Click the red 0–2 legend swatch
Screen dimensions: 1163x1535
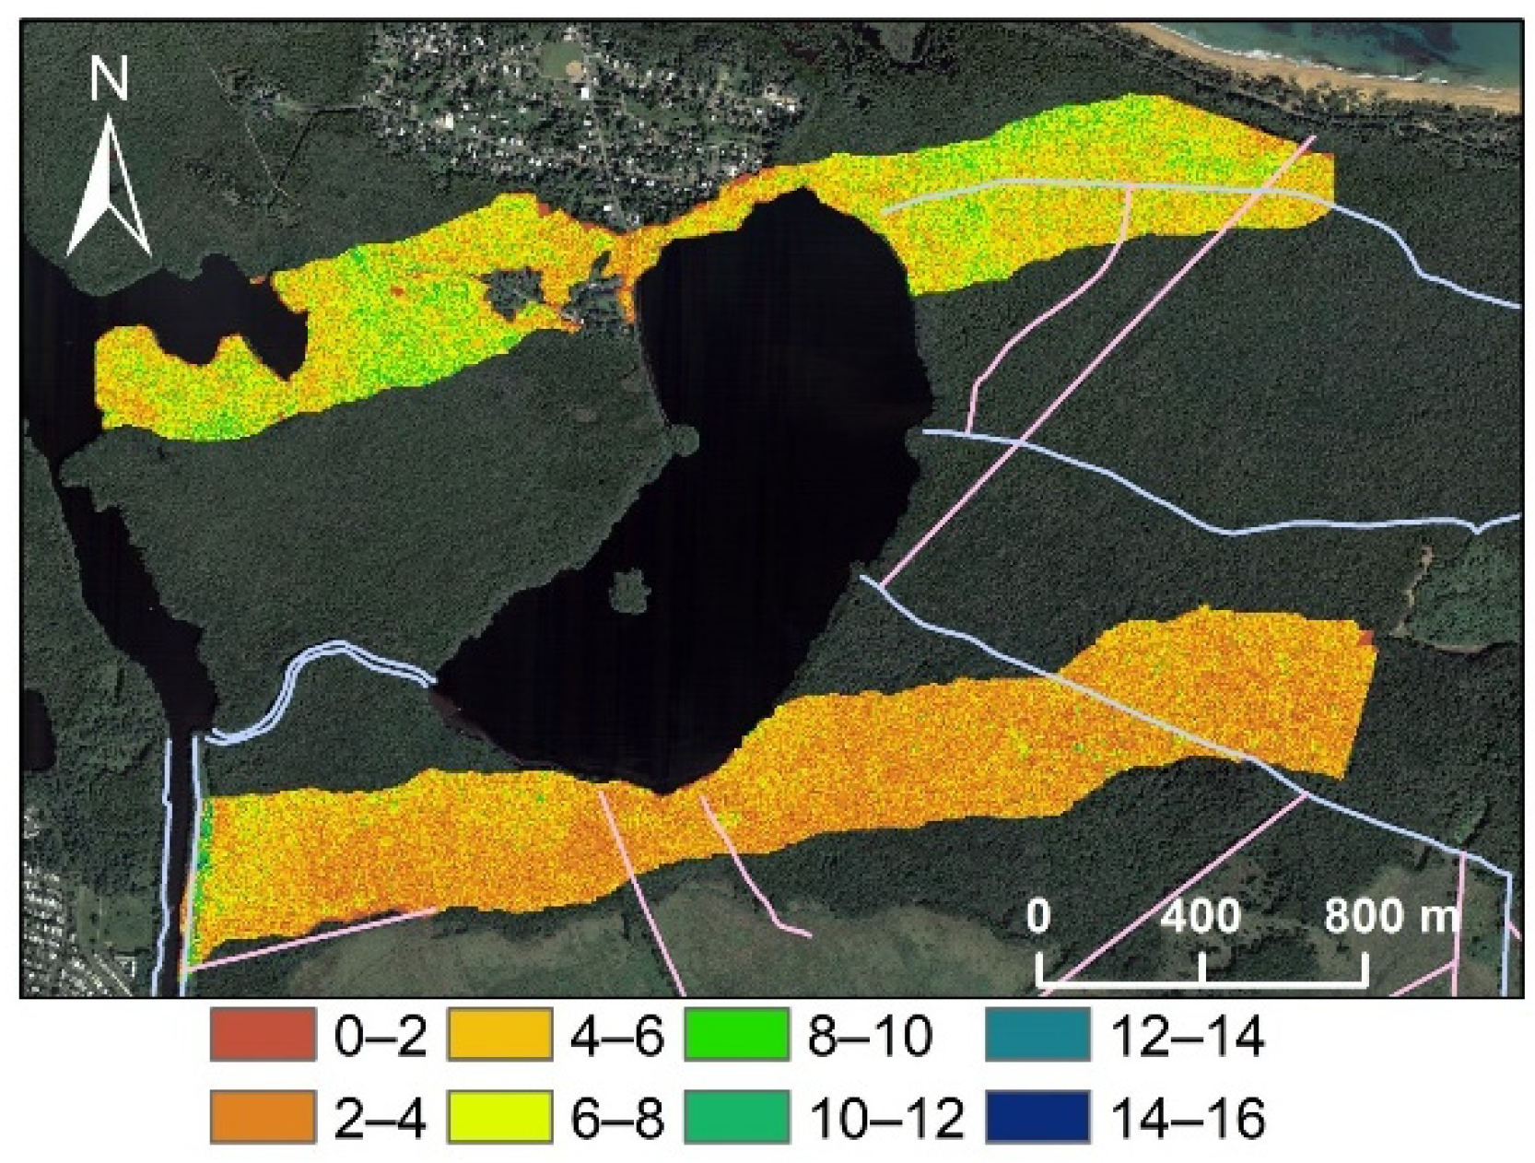click(x=262, y=1034)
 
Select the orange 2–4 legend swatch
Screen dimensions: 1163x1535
click(x=262, y=1117)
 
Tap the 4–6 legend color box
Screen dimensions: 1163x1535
click(x=499, y=1034)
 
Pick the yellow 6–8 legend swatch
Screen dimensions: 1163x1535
click(x=499, y=1117)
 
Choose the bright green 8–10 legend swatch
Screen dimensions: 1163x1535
click(x=737, y=1034)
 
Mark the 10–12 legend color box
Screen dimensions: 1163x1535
click(x=737, y=1117)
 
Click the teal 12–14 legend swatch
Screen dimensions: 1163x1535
click(x=1037, y=1034)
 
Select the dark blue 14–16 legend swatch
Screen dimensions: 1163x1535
click(x=1037, y=1117)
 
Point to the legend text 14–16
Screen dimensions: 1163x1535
click(x=1189, y=1118)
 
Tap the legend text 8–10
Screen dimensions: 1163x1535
click(x=870, y=1036)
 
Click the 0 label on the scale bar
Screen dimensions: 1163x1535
click(x=1038, y=916)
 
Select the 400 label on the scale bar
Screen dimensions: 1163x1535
click(x=1201, y=916)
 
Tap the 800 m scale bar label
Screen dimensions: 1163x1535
click(x=1391, y=916)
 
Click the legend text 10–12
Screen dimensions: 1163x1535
click(x=885, y=1118)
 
